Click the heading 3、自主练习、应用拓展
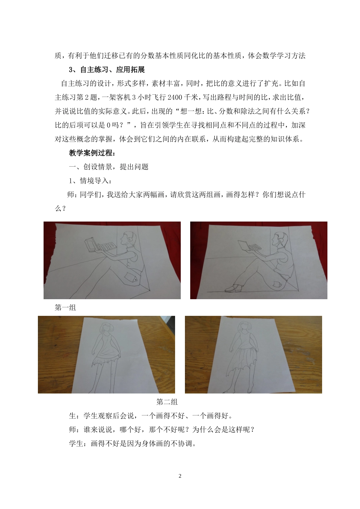click(x=107, y=70)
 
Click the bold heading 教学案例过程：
click(x=92, y=153)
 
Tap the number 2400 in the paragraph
click(x=175, y=97)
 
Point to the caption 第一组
click(x=66, y=308)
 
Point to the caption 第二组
click(x=167, y=402)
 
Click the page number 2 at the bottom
click(x=180, y=476)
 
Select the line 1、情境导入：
click(x=90, y=181)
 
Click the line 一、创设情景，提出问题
click(x=108, y=167)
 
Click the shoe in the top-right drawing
click(x=233, y=289)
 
